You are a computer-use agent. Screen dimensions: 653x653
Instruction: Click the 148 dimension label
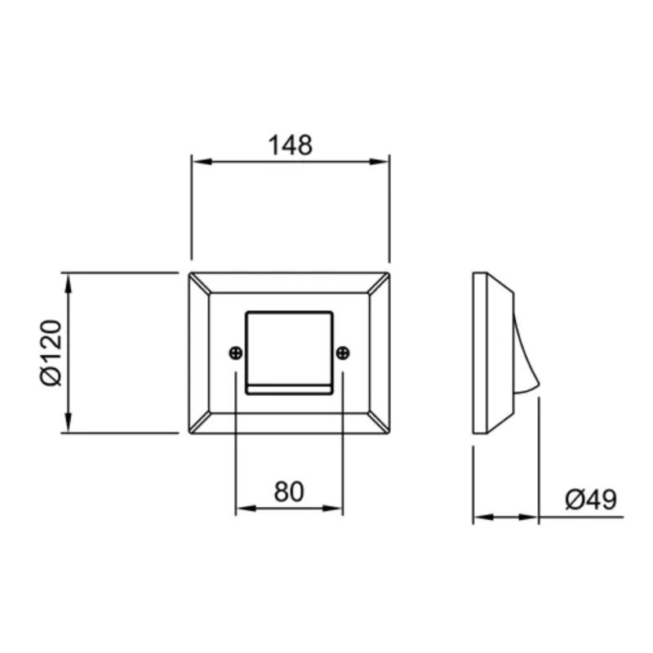[291, 145]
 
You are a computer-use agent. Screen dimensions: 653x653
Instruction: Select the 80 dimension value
[289, 491]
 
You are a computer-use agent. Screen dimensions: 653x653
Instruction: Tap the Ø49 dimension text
[590, 499]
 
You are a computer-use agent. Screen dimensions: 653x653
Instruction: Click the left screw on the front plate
[236, 353]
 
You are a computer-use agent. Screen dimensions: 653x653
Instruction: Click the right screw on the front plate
[343, 353]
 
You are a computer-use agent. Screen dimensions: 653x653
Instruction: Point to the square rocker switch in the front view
[289, 347]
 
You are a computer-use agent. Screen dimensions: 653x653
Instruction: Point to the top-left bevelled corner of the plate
[199, 283]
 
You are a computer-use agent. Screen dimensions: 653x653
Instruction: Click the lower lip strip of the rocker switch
[289, 388]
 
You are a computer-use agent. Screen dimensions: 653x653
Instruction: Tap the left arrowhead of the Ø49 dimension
[482, 517]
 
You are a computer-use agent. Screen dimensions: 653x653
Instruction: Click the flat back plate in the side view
[480, 353]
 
